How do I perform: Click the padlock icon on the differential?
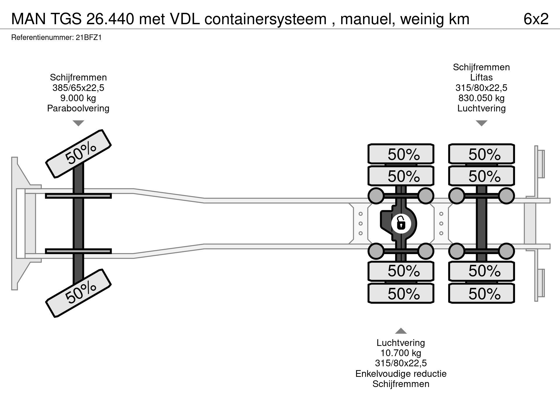(x=401, y=224)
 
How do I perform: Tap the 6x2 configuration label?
(x=536, y=19)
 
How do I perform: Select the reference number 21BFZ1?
(x=89, y=38)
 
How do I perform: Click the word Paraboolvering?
(x=78, y=108)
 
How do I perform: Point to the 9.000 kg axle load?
(x=78, y=98)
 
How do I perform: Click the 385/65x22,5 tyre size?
(x=78, y=88)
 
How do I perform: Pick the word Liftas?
(x=481, y=77)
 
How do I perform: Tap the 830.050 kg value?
(x=481, y=98)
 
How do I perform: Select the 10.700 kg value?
(x=401, y=353)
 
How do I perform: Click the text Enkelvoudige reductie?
(x=401, y=374)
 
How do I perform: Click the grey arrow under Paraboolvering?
(x=78, y=123)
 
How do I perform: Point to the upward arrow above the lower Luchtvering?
(x=401, y=331)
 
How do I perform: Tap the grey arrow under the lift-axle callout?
(x=481, y=123)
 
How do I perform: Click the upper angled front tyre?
(x=78, y=154)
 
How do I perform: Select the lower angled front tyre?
(x=78, y=293)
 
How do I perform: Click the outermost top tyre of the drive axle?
(x=401, y=154)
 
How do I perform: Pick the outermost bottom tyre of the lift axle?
(x=482, y=293)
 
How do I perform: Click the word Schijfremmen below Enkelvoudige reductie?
(x=401, y=384)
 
